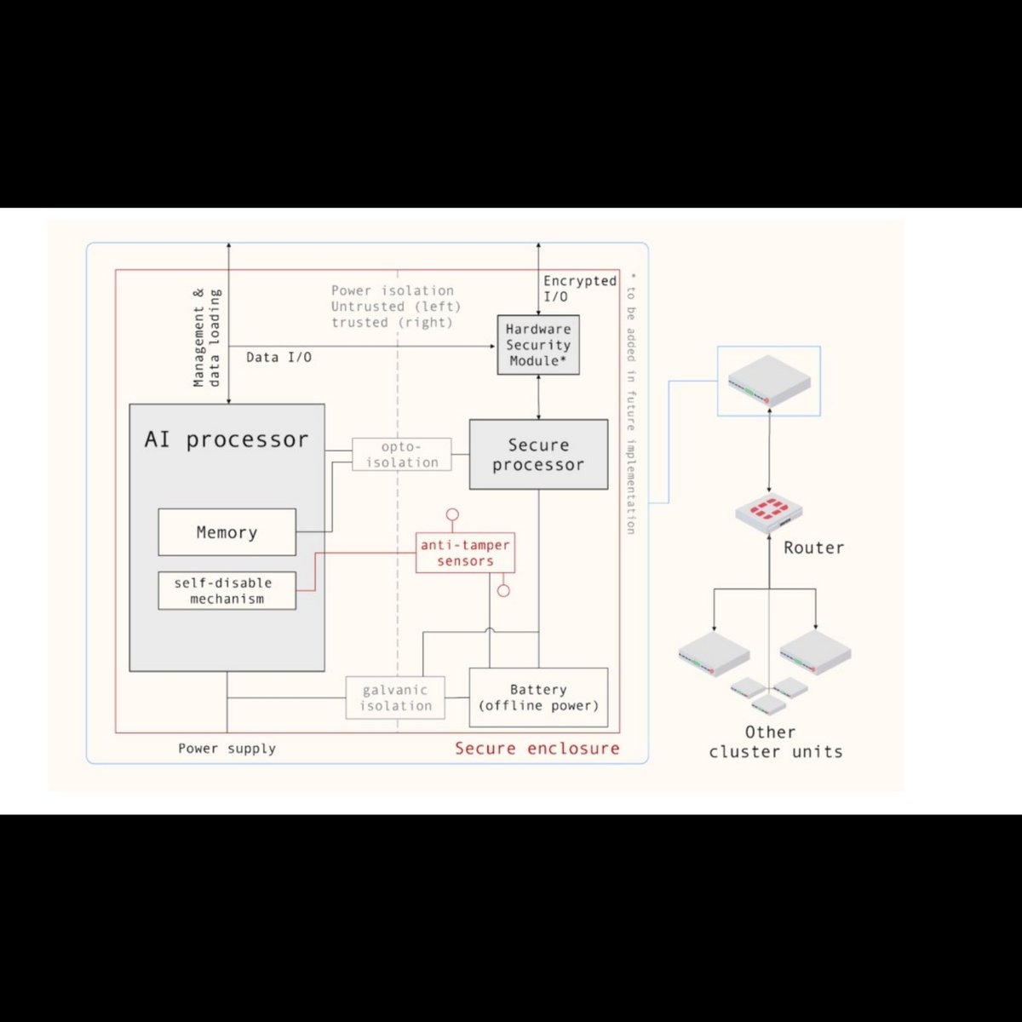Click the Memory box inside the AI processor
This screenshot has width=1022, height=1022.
point(227,532)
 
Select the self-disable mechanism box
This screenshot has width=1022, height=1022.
point(227,590)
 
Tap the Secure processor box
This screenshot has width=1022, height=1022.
point(538,454)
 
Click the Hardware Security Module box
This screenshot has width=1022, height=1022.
point(538,345)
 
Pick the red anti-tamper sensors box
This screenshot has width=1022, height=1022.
point(465,553)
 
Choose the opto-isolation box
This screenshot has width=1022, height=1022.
point(402,454)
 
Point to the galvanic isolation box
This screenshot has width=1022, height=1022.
point(395,698)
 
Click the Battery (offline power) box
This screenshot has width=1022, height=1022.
point(538,698)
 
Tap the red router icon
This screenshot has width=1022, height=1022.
point(769,511)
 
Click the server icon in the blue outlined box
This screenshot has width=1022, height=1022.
point(769,380)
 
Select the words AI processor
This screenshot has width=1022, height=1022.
point(227,439)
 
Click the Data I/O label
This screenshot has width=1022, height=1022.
point(278,358)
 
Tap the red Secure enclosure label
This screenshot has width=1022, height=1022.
point(537,749)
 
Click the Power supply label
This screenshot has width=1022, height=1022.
point(227,749)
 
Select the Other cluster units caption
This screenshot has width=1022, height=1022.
point(775,742)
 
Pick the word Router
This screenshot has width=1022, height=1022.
point(813,548)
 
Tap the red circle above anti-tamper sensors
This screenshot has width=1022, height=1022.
point(452,514)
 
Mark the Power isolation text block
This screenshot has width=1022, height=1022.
point(395,307)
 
